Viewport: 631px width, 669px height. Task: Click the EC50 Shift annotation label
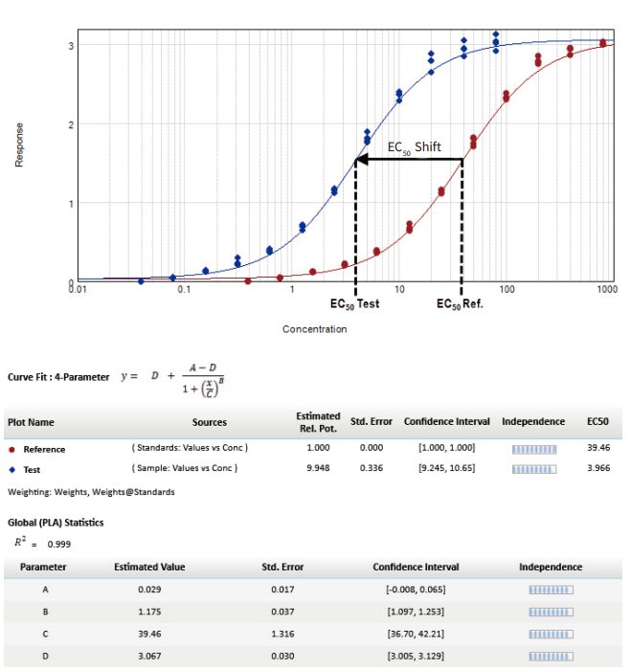tap(414, 146)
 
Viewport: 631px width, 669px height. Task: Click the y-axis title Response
tap(19, 144)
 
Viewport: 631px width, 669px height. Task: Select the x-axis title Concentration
tap(314, 329)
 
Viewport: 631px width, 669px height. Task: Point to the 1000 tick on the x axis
tap(606, 289)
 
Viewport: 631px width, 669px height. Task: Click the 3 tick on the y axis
tap(71, 46)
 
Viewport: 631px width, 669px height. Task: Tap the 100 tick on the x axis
tap(506, 289)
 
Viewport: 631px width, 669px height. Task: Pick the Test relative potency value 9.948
tap(318, 469)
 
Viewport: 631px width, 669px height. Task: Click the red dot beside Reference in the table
tap(11, 449)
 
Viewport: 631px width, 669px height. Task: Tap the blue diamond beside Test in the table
tap(11, 470)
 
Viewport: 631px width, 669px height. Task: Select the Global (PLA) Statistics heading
tap(56, 523)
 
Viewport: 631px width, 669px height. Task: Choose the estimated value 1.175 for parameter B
tap(149, 611)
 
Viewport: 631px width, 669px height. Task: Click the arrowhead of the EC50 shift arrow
tap(362, 159)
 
